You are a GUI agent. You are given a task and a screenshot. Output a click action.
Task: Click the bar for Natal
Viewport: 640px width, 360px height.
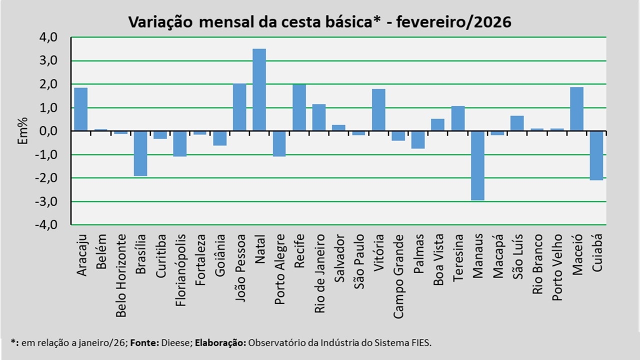[259, 89]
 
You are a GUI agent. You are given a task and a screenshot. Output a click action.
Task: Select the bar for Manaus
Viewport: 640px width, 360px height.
[478, 165]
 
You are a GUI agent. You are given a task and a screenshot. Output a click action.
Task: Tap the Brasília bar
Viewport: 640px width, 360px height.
[140, 153]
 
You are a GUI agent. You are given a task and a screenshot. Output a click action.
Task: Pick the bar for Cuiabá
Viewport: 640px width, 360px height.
[596, 155]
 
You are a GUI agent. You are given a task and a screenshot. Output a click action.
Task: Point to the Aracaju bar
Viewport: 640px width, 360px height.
[81, 109]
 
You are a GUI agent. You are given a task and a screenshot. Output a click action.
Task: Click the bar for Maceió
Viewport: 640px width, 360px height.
[577, 109]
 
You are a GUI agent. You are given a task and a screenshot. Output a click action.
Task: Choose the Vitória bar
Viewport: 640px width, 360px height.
[378, 109]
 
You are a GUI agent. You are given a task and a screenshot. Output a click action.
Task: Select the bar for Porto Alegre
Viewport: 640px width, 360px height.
[279, 143]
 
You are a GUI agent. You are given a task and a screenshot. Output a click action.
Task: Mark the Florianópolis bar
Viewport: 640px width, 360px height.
[180, 143]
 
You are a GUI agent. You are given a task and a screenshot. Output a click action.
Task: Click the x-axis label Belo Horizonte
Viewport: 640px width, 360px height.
[121, 275]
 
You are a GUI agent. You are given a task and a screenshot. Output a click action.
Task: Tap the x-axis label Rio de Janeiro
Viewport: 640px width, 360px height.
[319, 273]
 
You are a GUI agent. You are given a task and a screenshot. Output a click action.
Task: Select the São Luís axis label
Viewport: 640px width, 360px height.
[517, 256]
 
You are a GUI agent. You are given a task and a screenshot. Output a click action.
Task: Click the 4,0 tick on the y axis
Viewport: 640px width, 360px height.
[48, 37]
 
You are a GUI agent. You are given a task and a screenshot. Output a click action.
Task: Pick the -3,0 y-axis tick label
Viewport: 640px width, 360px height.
[46, 201]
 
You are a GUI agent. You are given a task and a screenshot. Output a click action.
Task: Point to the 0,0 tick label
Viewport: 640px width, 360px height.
[48, 131]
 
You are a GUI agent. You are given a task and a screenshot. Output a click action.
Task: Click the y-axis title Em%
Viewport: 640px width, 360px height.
[22, 131]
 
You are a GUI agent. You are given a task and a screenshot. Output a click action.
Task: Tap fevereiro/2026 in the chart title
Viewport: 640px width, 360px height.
[453, 22]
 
